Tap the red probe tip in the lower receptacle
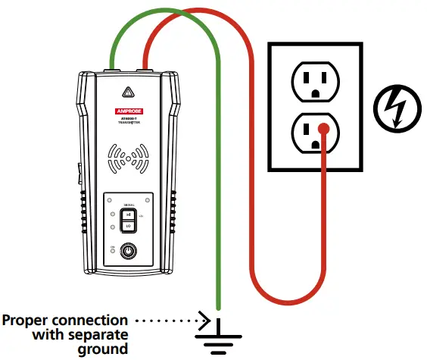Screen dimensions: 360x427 click(323, 129)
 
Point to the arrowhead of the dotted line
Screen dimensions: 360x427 click(205, 319)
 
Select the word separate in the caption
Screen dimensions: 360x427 click(100, 334)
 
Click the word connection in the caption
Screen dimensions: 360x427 click(91, 320)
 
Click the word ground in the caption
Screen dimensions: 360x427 click(103, 349)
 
